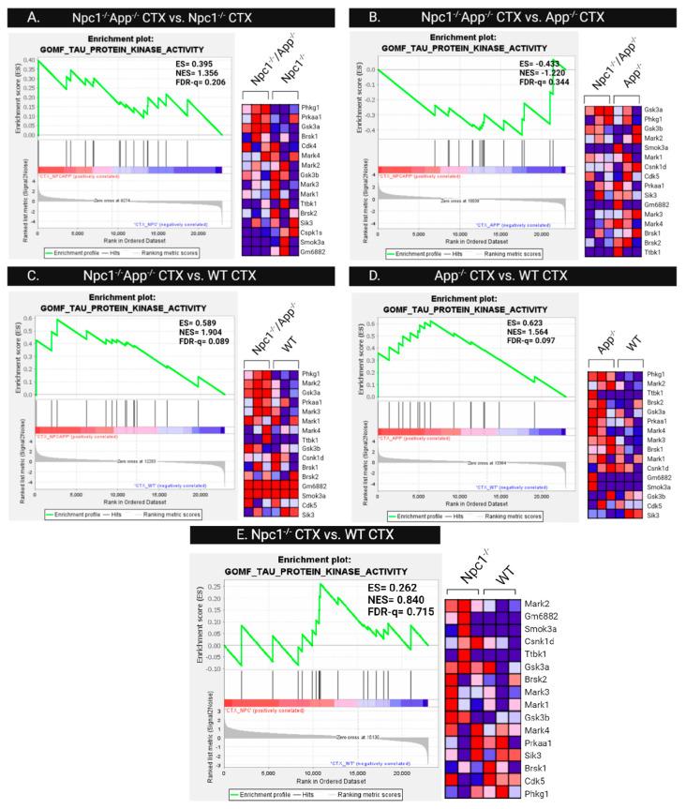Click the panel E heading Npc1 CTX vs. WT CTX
pyautogui.click(x=343, y=536)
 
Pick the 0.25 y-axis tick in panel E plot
pyautogui.click(x=213, y=587)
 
